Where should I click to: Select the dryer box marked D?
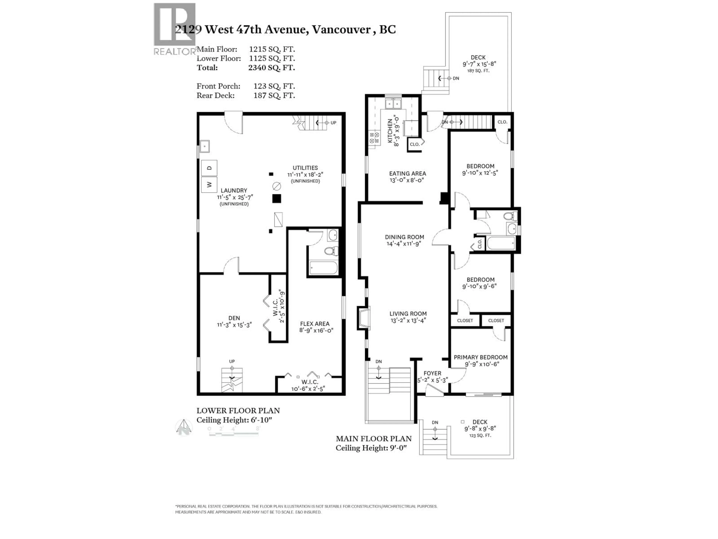coord(209,168)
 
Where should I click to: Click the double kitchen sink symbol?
coord(393,104)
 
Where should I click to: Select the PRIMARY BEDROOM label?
coord(480,357)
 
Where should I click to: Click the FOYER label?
coord(432,373)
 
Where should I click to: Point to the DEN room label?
coord(234,318)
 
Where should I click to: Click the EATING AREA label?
coord(407,173)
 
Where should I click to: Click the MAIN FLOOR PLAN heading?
coord(374,439)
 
